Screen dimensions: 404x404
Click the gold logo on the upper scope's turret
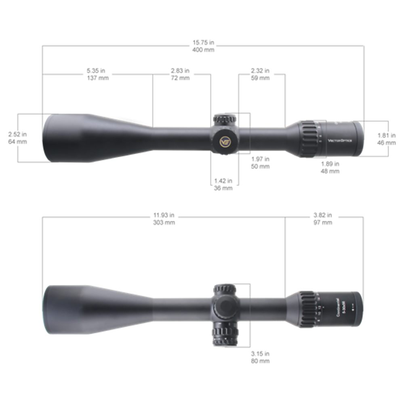pos(225,141)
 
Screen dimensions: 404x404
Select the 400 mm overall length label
pos(203,50)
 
